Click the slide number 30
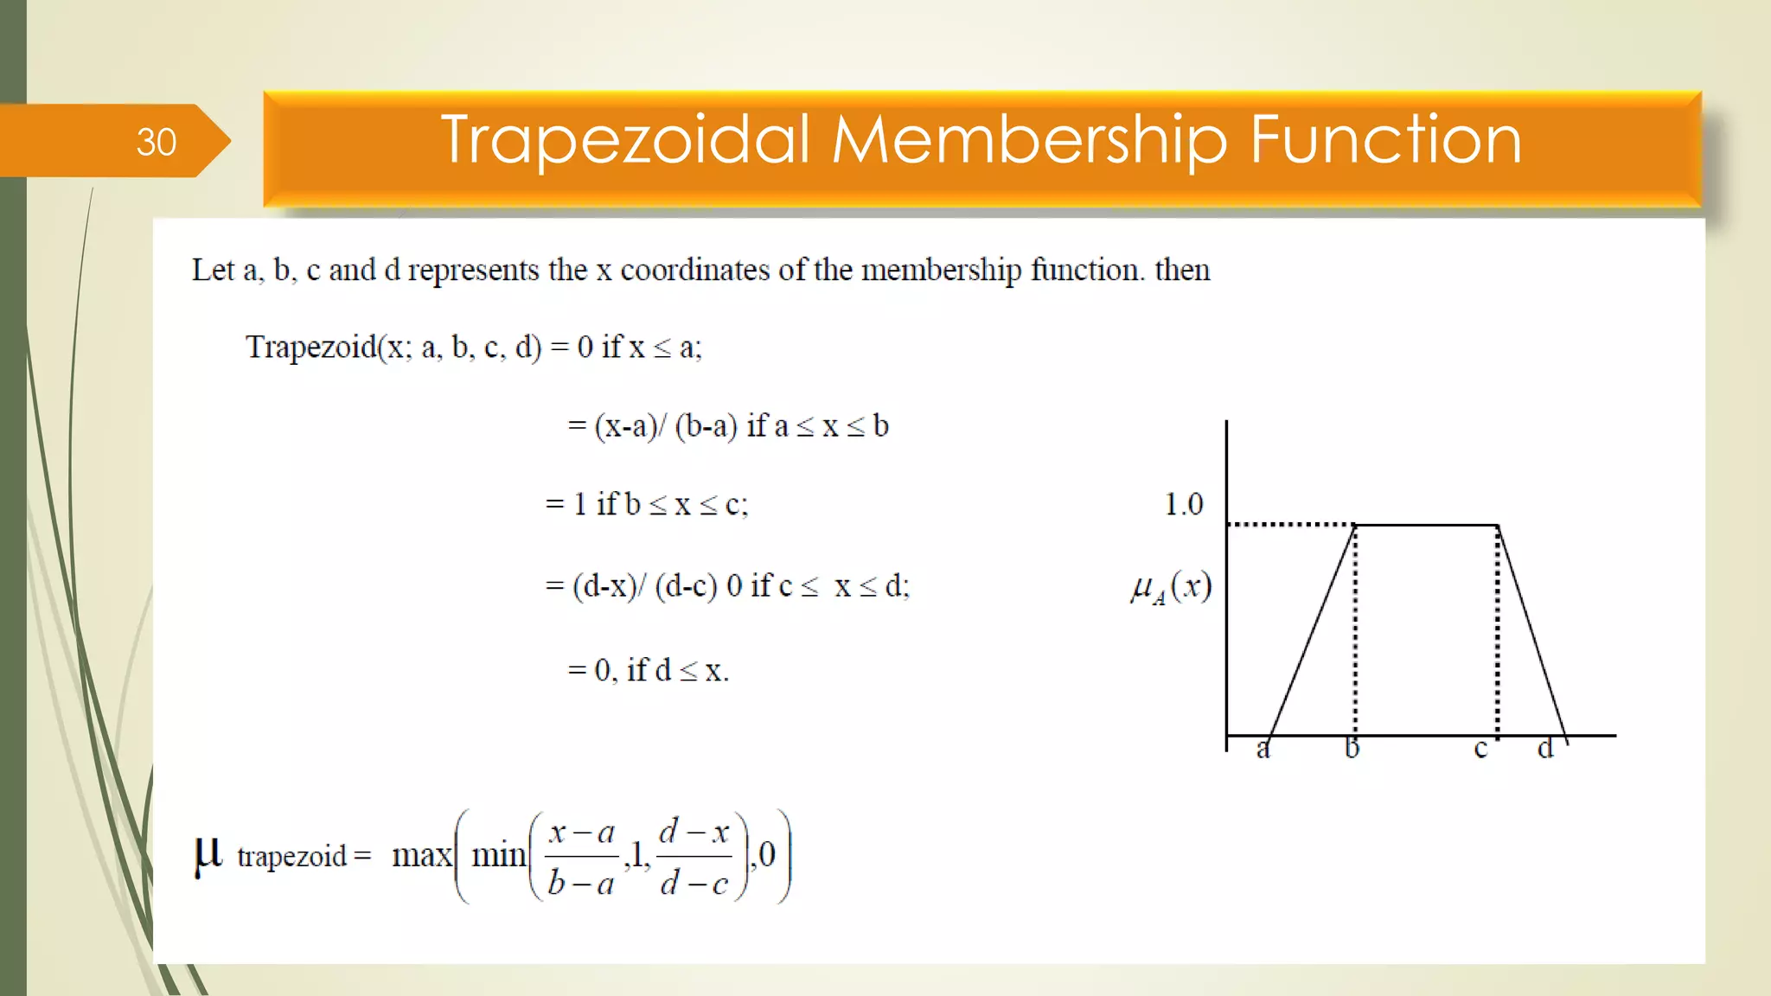[156, 142]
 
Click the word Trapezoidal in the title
[625, 140]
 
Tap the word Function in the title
[1385, 140]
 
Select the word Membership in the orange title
[1029, 140]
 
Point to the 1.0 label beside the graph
[1183, 504]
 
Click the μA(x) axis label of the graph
[1171, 587]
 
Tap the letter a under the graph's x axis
[1263, 749]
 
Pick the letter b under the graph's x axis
[1352, 748]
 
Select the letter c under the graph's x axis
[1480, 749]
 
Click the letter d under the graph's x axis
[1545, 748]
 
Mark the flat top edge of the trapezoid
[1427, 525]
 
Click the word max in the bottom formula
[421, 855]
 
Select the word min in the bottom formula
[498, 855]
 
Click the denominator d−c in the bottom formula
[694, 884]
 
